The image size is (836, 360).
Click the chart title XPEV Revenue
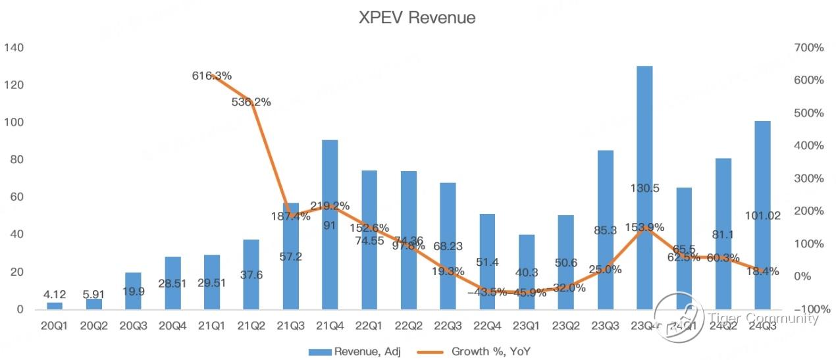coord(417,18)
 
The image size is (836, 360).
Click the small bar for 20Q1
coord(55,305)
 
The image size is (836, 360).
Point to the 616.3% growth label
coord(212,76)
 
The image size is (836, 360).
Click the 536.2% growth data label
coord(251,102)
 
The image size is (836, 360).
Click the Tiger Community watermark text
coord(764,319)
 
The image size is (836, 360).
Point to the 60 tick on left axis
coord(16,197)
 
